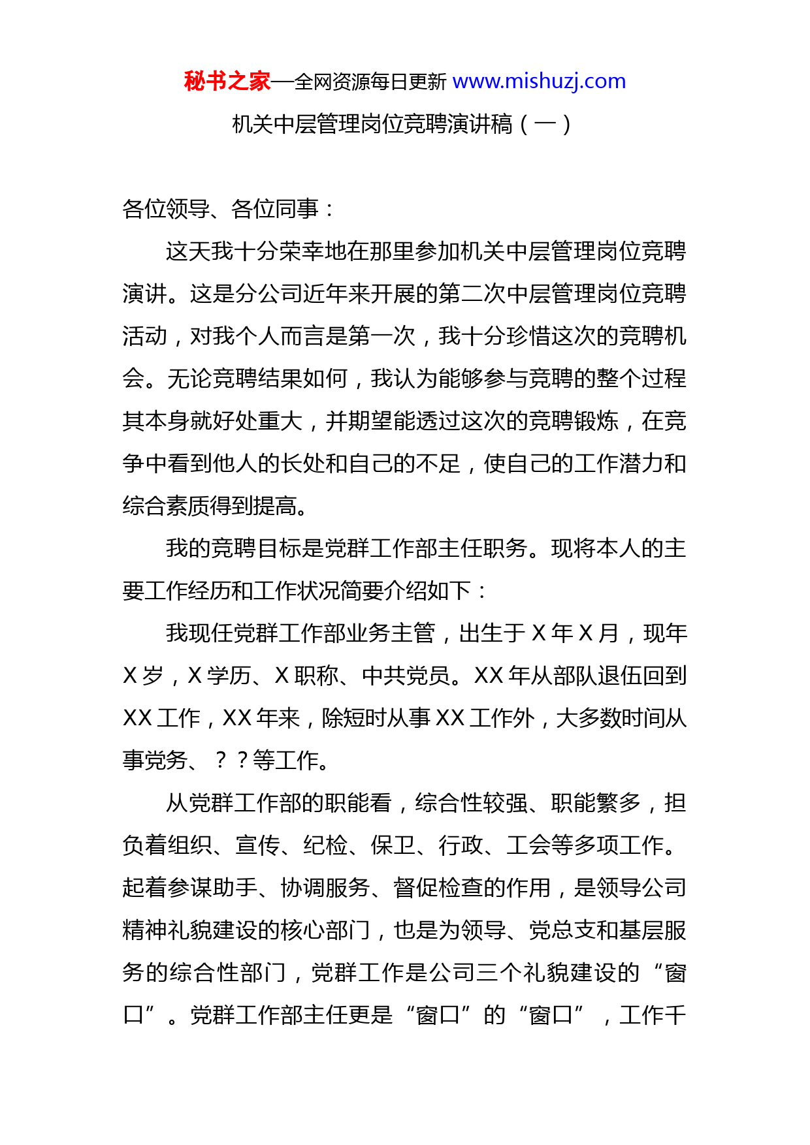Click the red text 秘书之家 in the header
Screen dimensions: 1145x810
[227, 82]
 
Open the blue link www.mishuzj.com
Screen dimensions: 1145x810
[539, 82]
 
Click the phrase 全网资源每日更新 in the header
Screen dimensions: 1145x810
[370, 82]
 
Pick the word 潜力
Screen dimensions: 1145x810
[641, 463]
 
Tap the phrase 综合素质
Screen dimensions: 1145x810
[167, 506]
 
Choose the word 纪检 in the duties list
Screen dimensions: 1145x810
[325, 845]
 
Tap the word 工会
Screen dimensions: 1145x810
[528, 845]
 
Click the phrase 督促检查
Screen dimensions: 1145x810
[438, 888]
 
